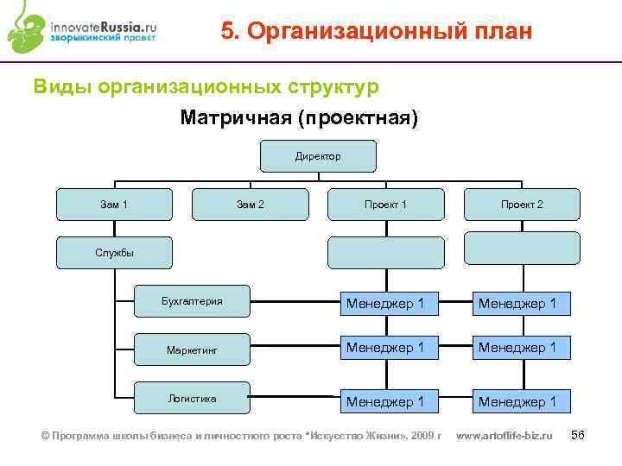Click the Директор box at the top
pyautogui.click(x=318, y=156)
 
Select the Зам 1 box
pyautogui.click(x=114, y=205)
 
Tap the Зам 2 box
pyautogui.click(x=251, y=205)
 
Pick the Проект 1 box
pyautogui.click(x=385, y=205)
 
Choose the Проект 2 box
pyautogui.click(x=522, y=205)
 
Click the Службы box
pyautogui.click(x=114, y=253)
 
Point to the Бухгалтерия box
pyautogui.click(x=193, y=301)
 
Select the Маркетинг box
pyautogui.click(x=193, y=350)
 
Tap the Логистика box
pyautogui.click(x=193, y=399)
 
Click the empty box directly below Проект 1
pyautogui.click(x=385, y=253)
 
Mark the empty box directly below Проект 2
pyautogui.click(x=522, y=248)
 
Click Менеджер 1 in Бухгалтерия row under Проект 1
pyautogui.click(x=385, y=303)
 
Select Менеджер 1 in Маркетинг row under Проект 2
pyautogui.click(x=522, y=347)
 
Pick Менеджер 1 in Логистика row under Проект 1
pyautogui.click(x=385, y=401)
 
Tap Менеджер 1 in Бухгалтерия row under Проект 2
pyautogui.click(x=522, y=303)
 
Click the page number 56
pyautogui.click(x=578, y=435)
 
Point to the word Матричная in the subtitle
pyautogui.click(x=235, y=117)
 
